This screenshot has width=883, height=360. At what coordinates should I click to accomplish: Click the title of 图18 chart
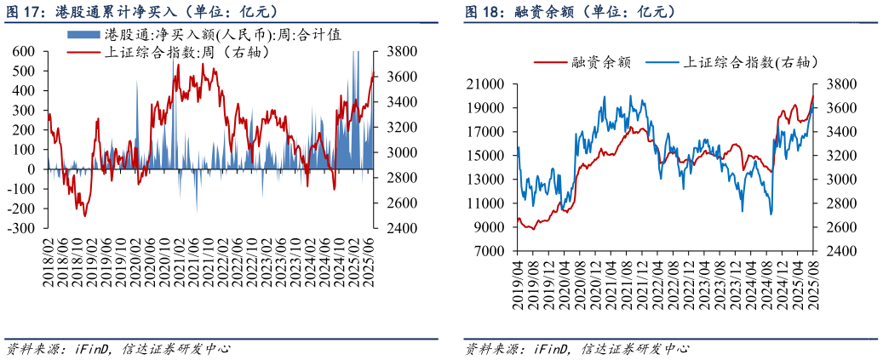[x=570, y=11]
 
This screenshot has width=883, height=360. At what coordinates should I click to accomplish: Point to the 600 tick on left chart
[x=23, y=51]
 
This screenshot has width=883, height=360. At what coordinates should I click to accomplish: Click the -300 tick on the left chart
[x=20, y=229]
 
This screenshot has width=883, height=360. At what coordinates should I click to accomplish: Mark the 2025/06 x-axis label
[x=373, y=260]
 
